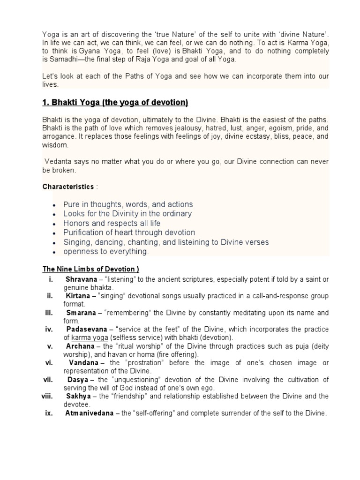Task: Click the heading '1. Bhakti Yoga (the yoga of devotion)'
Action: point(115,103)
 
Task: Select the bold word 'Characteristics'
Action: point(68,187)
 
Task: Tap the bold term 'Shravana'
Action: point(81,279)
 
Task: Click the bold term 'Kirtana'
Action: point(78,296)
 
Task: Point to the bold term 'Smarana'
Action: point(80,313)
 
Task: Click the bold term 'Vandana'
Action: point(83,363)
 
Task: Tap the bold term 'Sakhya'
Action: point(78,397)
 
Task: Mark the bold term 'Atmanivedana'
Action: point(88,413)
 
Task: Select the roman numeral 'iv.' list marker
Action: point(49,330)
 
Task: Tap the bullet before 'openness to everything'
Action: point(55,252)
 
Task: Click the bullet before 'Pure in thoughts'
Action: point(55,205)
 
